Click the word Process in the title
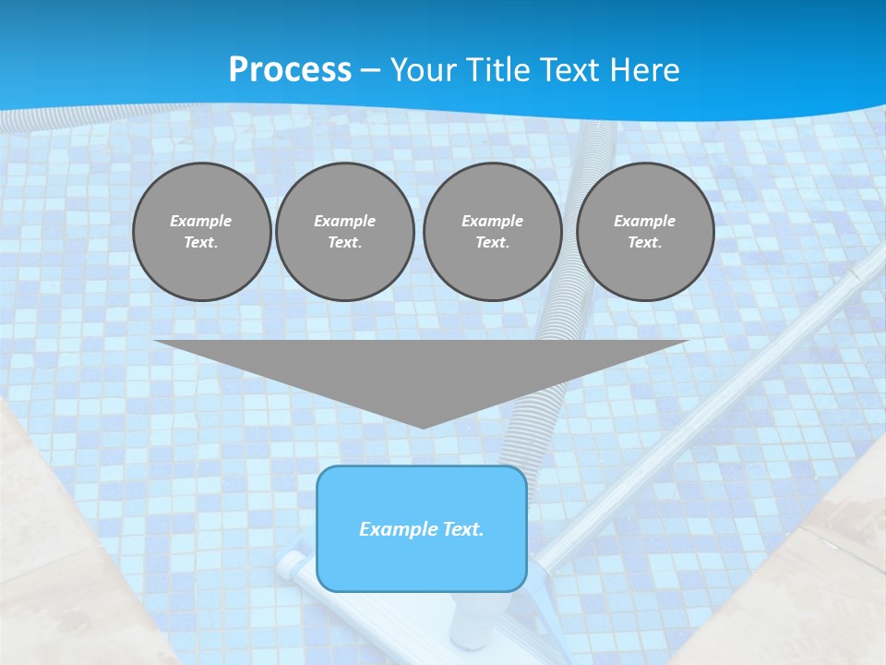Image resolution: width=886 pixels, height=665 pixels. pyautogui.click(x=290, y=69)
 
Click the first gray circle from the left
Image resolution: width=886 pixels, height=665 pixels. pyautogui.click(x=202, y=232)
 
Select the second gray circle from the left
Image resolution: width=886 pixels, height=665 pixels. pyautogui.click(x=345, y=232)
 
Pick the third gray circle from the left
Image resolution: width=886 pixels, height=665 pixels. pyautogui.click(x=493, y=232)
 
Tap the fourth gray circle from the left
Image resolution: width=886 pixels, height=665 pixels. pyautogui.click(x=645, y=232)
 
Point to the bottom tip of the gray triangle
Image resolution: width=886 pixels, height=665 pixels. pyautogui.click(x=423, y=427)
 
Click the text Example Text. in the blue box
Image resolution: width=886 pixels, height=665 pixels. pyautogui.click(x=422, y=529)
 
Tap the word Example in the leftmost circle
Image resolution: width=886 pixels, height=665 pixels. pyautogui.click(x=201, y=221)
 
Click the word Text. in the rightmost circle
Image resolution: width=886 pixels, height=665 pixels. pyautogui.click(x=645, y=243)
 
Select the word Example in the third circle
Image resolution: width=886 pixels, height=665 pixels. pyautogui.click(x=493, y=221)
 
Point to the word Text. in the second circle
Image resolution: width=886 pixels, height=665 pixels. pyautogui.click(x=345, y=243)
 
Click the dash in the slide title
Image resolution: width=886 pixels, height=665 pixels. pyautogui.click(x=370, y=69)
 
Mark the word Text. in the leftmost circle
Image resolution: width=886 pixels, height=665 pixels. pyautogui.click(x=201, y=243)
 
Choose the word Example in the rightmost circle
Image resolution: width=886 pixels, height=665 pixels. pyautogui.click(x=645, y=221)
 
